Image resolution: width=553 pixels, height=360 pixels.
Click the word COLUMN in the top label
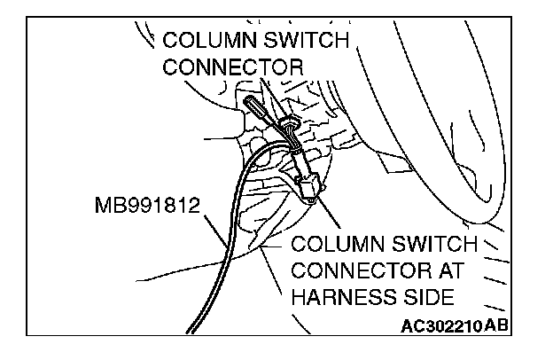pyautogui.click(x=206, y=41)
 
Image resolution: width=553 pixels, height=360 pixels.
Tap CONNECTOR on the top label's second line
pyautogui.click(x=234, y=67)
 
